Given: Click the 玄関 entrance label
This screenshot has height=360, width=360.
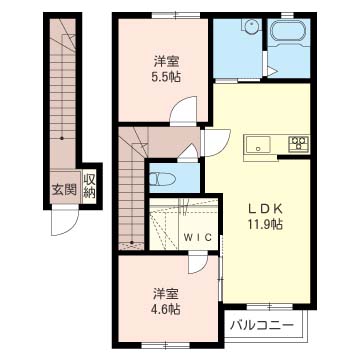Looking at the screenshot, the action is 64,190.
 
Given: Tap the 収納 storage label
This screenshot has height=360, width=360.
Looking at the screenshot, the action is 89,186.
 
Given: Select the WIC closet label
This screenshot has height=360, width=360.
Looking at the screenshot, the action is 198,237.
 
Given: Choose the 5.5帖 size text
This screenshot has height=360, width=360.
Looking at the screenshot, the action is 167,77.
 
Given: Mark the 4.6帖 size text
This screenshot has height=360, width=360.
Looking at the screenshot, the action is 167,310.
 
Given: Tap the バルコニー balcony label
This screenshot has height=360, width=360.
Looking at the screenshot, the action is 263,324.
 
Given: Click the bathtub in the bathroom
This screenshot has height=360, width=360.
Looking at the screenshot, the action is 288,32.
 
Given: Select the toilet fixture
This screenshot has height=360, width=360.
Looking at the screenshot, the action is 162,180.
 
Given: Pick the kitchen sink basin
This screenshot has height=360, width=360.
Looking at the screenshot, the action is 258,145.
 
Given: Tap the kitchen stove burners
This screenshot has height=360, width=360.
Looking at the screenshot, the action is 299,144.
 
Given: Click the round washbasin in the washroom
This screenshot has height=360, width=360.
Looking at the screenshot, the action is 249,26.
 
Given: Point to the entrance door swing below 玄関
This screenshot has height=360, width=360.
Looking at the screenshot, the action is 65,221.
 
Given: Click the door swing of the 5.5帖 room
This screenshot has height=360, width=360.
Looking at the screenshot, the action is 184,109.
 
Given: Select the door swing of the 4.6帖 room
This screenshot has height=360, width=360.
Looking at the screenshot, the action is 198,263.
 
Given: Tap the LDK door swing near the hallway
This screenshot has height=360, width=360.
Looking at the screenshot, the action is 217,143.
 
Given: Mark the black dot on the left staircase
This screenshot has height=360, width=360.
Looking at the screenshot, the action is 62,138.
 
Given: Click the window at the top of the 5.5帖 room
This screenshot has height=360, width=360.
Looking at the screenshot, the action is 176,15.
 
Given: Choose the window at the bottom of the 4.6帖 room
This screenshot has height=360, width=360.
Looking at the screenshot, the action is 166,345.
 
